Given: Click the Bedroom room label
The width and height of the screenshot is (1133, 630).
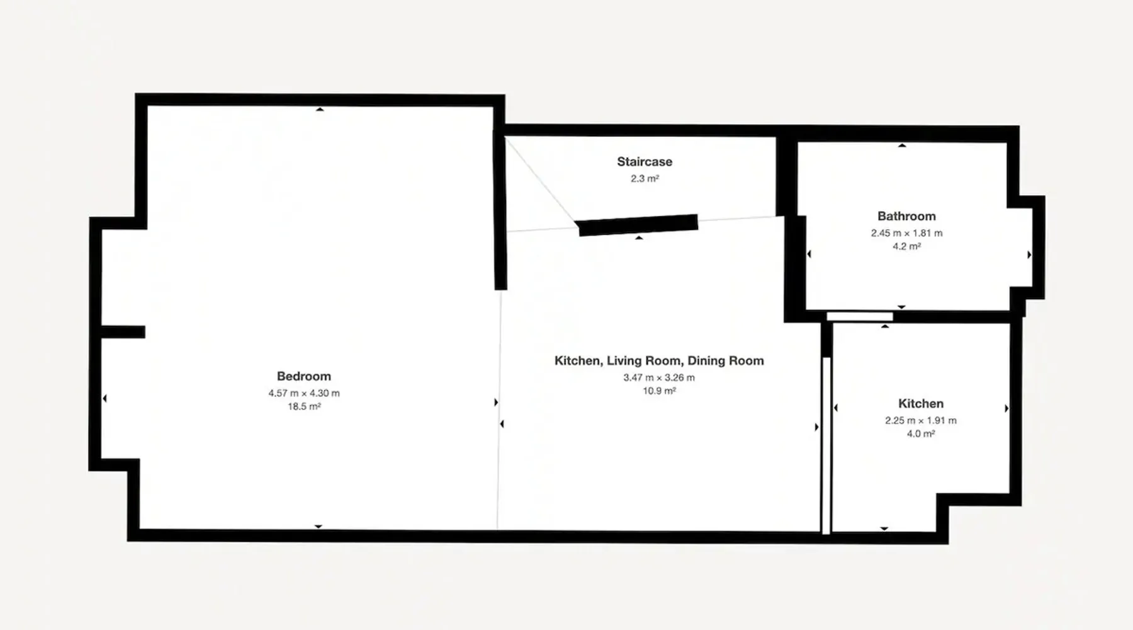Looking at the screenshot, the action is tap(304, 376).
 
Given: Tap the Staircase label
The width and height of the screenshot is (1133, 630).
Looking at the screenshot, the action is tap(645, 162).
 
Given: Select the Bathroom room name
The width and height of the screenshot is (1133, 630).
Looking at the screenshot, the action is tap(906, 216).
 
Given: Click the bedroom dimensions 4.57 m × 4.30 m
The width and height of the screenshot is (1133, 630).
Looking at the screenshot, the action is tap(304, 393).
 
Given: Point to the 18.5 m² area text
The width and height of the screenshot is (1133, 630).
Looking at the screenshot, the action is tap(305, 406).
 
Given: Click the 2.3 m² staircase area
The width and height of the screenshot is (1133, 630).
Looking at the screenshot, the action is tap(645, 178).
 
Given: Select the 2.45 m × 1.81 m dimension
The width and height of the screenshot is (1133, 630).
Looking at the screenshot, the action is tap(907, 233).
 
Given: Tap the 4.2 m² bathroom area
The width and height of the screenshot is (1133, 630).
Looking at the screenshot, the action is tap(907, 246).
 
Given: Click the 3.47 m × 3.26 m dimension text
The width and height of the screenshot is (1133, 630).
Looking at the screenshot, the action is tap(659, 378).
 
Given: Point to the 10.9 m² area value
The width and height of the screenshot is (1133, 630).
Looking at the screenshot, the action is tap(660, 391).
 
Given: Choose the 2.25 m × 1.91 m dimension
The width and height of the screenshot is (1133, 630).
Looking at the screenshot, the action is tap(921, 421).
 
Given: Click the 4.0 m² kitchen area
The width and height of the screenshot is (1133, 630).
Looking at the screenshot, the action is tap(921, 434).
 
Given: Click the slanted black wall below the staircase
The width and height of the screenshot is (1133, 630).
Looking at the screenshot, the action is tap(638, 226).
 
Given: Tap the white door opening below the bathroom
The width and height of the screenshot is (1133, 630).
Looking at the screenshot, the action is tap(860, 316).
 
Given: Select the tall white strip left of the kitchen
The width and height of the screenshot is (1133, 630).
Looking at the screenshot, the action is tap(826, 445).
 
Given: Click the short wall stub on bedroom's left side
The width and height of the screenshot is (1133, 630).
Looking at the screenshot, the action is tap(123, 332).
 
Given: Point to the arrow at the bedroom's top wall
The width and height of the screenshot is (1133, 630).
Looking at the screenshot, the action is tap(320, 110).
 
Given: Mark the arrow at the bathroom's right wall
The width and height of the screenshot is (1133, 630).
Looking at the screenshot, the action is tap(1029, 255).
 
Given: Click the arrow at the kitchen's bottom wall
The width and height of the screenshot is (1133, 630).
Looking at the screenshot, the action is tap(884, 529).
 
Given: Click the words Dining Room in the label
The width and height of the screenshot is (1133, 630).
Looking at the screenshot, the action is tap(726, 361).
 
